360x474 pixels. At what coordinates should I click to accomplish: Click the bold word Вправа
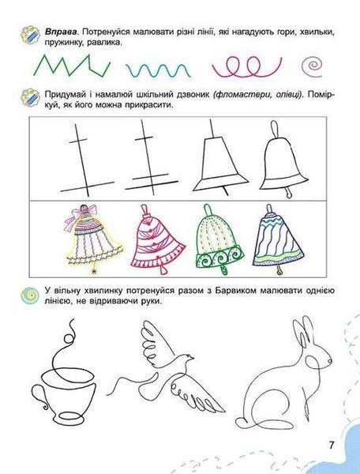pos(62,32)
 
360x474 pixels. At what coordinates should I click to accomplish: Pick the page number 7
pos(332,445)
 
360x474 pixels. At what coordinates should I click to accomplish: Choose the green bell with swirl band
pos(216,239)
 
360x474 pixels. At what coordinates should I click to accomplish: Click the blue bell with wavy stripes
pos(278,239)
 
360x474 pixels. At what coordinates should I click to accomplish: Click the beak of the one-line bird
pos(193,358)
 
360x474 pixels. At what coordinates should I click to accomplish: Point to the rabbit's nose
pos(329,361)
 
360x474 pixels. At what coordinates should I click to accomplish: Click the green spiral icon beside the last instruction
pos(30,295)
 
